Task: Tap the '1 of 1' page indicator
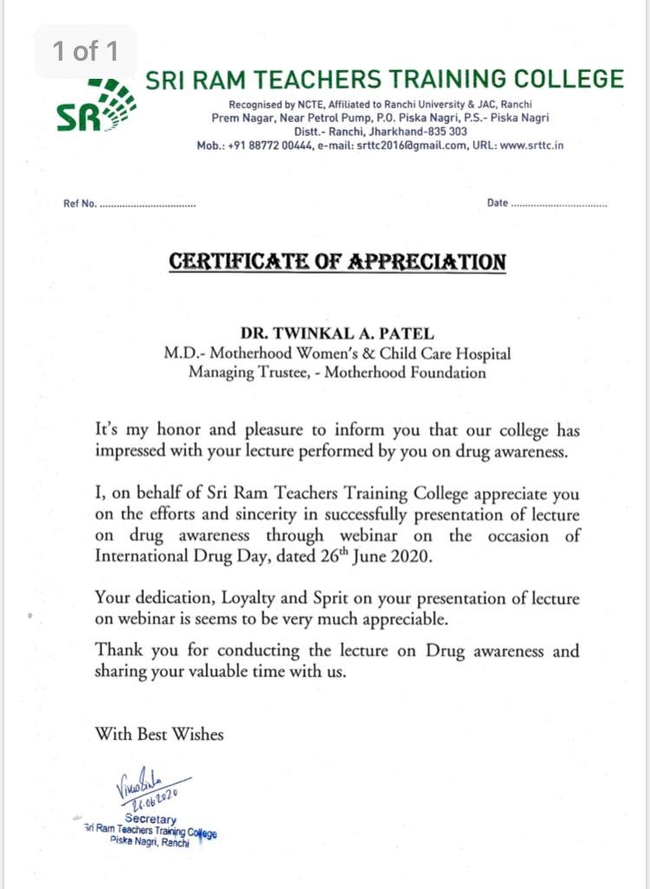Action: pos(85,51)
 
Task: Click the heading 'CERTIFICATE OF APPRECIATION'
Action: pos(337,262)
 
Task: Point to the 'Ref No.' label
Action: pos(80,204)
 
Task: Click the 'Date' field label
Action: pos(497,204)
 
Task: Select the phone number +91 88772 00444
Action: pos(263,146)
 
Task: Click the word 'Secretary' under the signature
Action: pos(150,819)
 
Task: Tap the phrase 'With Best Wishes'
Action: pos(159,734)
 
